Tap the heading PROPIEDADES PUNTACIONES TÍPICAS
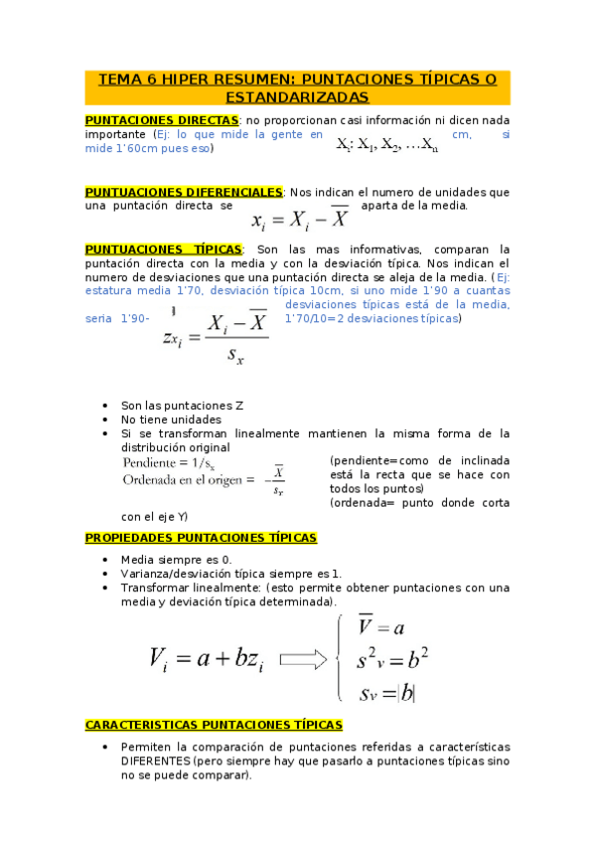tap(202, 538)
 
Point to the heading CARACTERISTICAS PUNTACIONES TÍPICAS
tap(215, 725)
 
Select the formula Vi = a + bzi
tap(207, 658)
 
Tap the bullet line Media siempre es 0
tap(176, 560)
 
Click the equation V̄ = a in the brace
tap(382, 627)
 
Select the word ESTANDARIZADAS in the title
tap(297, 96)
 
